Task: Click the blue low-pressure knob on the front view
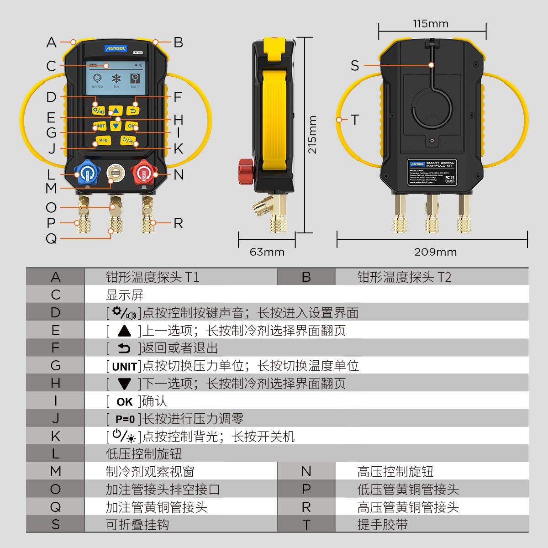(x=87, y=174)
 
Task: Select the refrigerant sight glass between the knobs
(x=116, y=174)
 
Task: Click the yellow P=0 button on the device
(x=103, y=140)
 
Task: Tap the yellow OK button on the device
(x=132, y=126)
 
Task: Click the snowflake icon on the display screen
(x=116, y=78)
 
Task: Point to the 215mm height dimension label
(x=312, y=135)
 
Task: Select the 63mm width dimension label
(x=267, y=252)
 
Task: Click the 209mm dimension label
(x=435, y=252)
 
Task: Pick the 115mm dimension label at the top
(x=431, y=24)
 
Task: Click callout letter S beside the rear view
(x=355, y=66)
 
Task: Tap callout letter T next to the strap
(x=355, y=120)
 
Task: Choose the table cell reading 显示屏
(x=125, y=295)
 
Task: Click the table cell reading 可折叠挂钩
(x=137, y=525)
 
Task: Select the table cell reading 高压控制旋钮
(x=395, y=472)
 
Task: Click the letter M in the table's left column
(x=55, y=472)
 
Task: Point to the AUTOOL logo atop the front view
(x=116, y=48)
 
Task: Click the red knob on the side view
(x=246, y=173)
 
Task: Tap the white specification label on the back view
(x=432, y=172)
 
